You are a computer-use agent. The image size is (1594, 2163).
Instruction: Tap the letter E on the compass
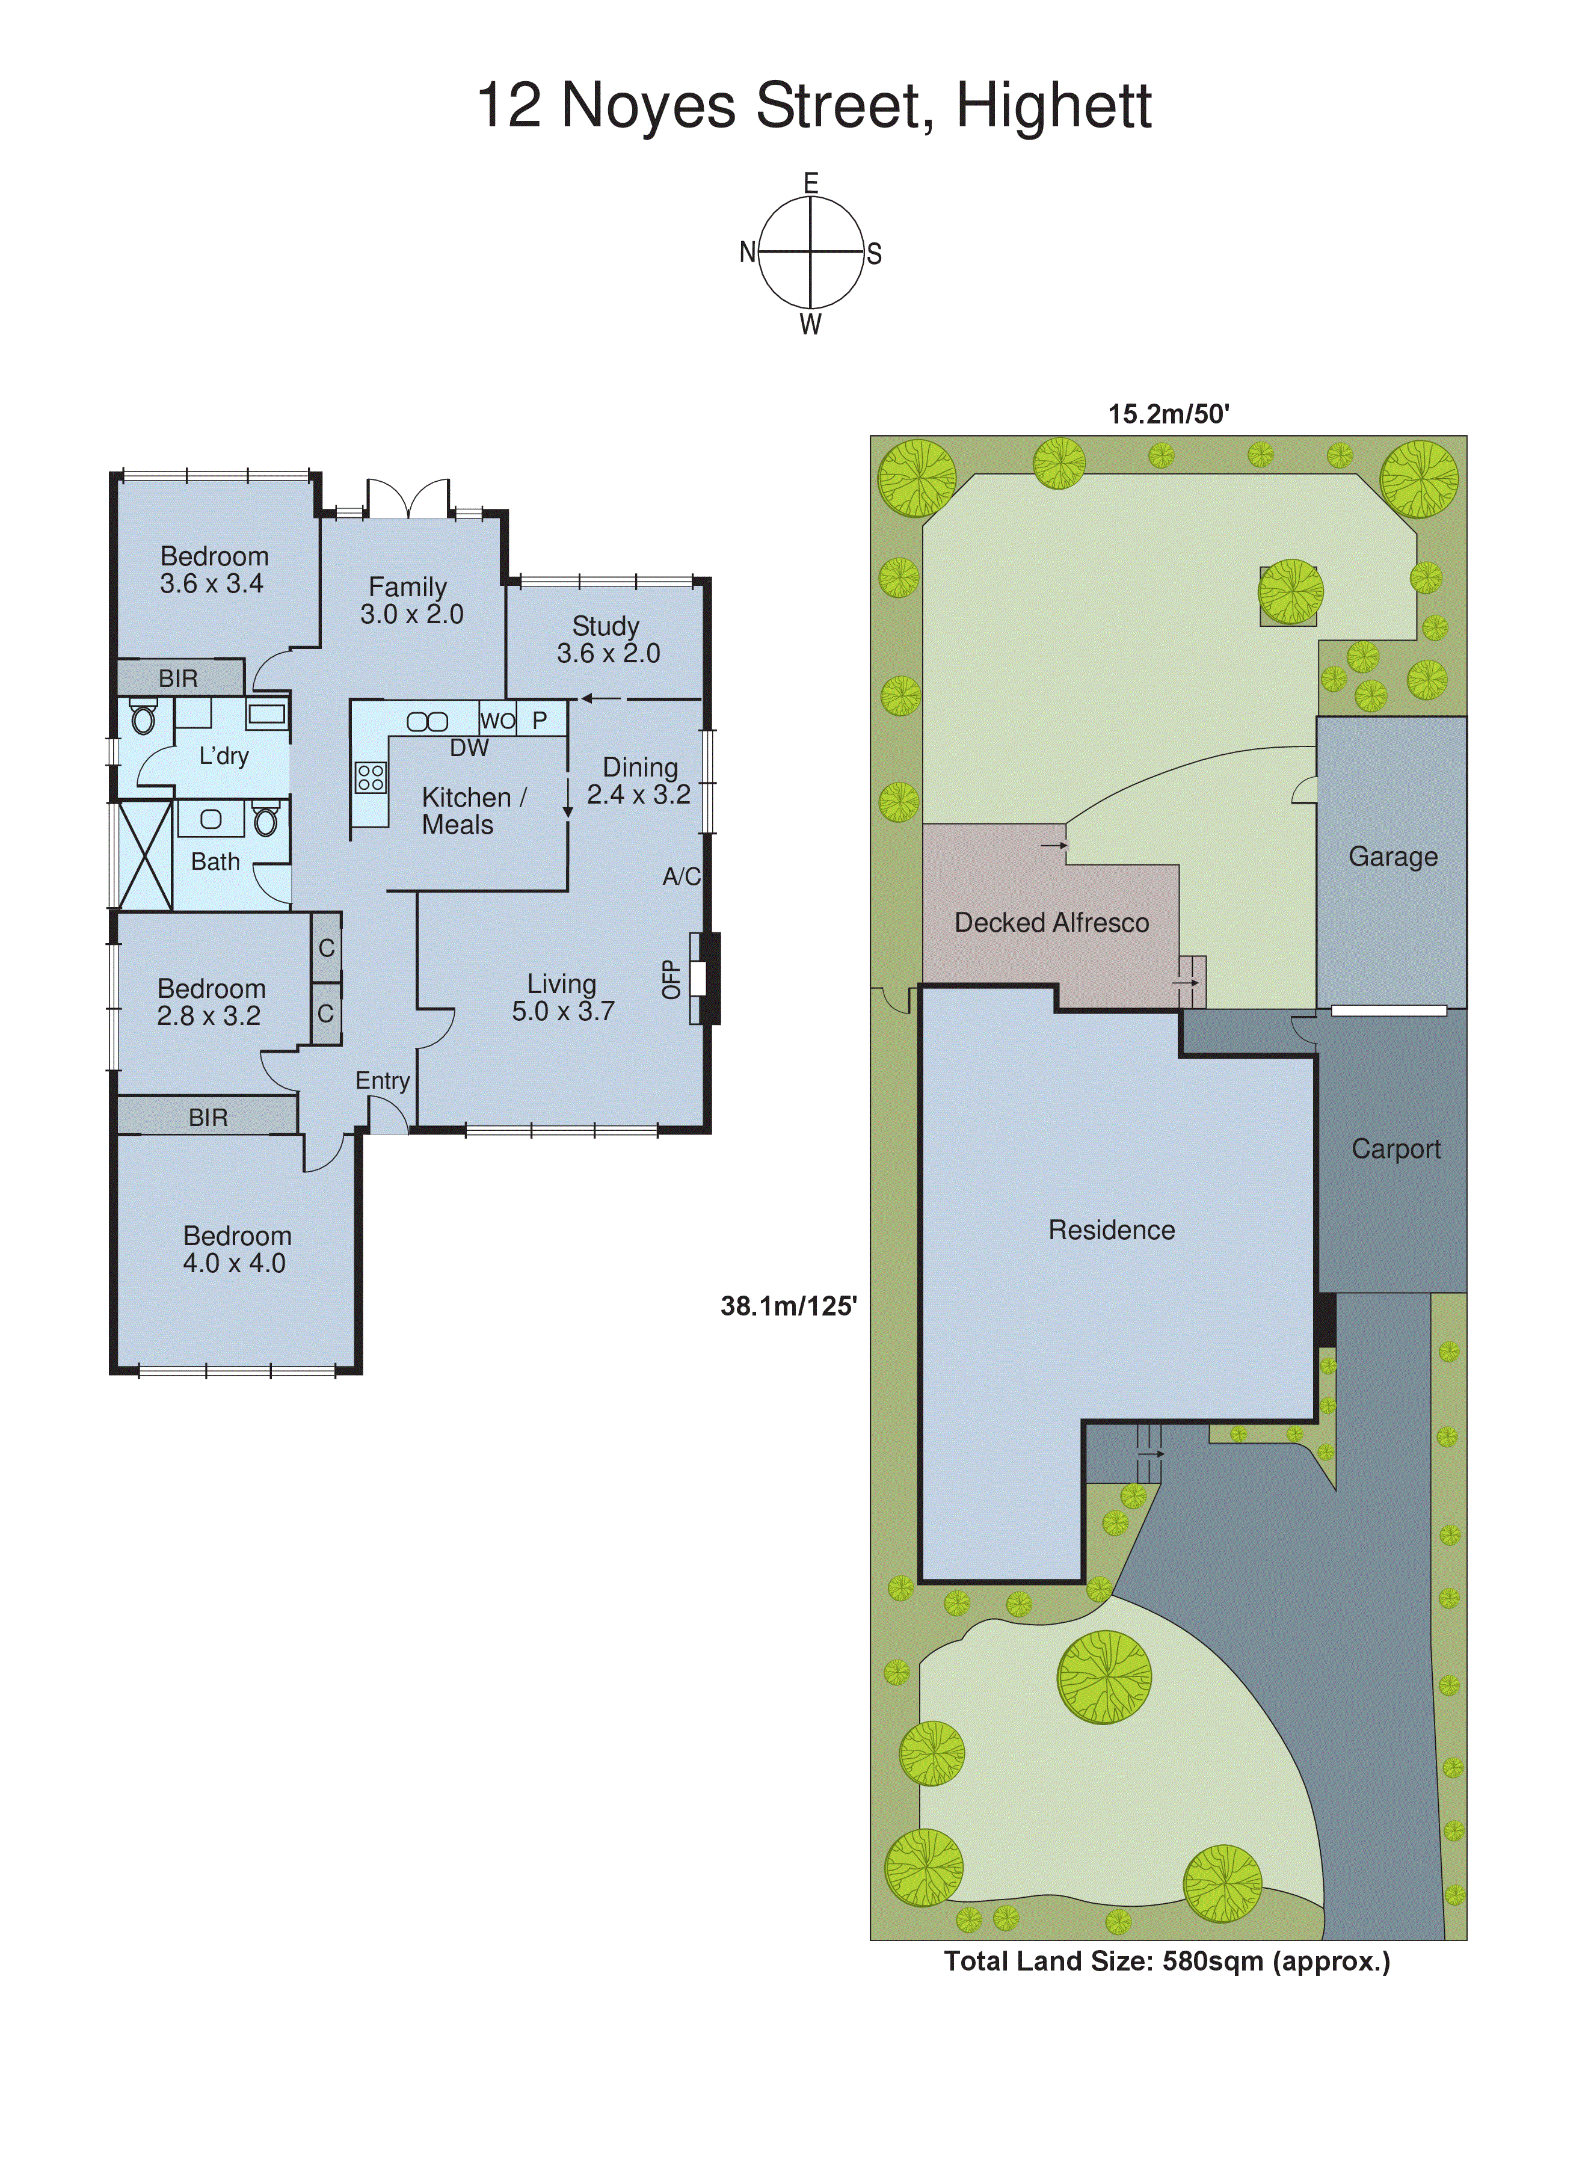coord(810,182)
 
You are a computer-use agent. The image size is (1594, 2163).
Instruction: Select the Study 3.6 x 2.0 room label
coord(608,639)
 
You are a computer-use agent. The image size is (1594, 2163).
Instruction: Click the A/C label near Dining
coord(682,876)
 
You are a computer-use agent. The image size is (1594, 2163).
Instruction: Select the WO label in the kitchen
coord(497,721)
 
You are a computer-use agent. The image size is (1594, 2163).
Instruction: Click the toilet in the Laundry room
coord(143,718)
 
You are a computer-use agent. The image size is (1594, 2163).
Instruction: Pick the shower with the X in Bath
coord(144,855)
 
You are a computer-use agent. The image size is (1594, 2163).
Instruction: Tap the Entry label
coord(382,1080)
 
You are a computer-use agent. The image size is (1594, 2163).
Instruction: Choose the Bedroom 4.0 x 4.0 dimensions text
coord(235,1263)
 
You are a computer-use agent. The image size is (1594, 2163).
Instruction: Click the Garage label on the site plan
coord(1392,857)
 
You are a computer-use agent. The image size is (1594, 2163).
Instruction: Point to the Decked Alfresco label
coord(1051,922)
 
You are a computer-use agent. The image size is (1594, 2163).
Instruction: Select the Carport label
coord(1396,1149)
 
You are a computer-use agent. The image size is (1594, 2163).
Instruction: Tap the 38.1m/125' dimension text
coord(789,1306)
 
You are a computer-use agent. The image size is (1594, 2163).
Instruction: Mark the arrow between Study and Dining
coord(600,698)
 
